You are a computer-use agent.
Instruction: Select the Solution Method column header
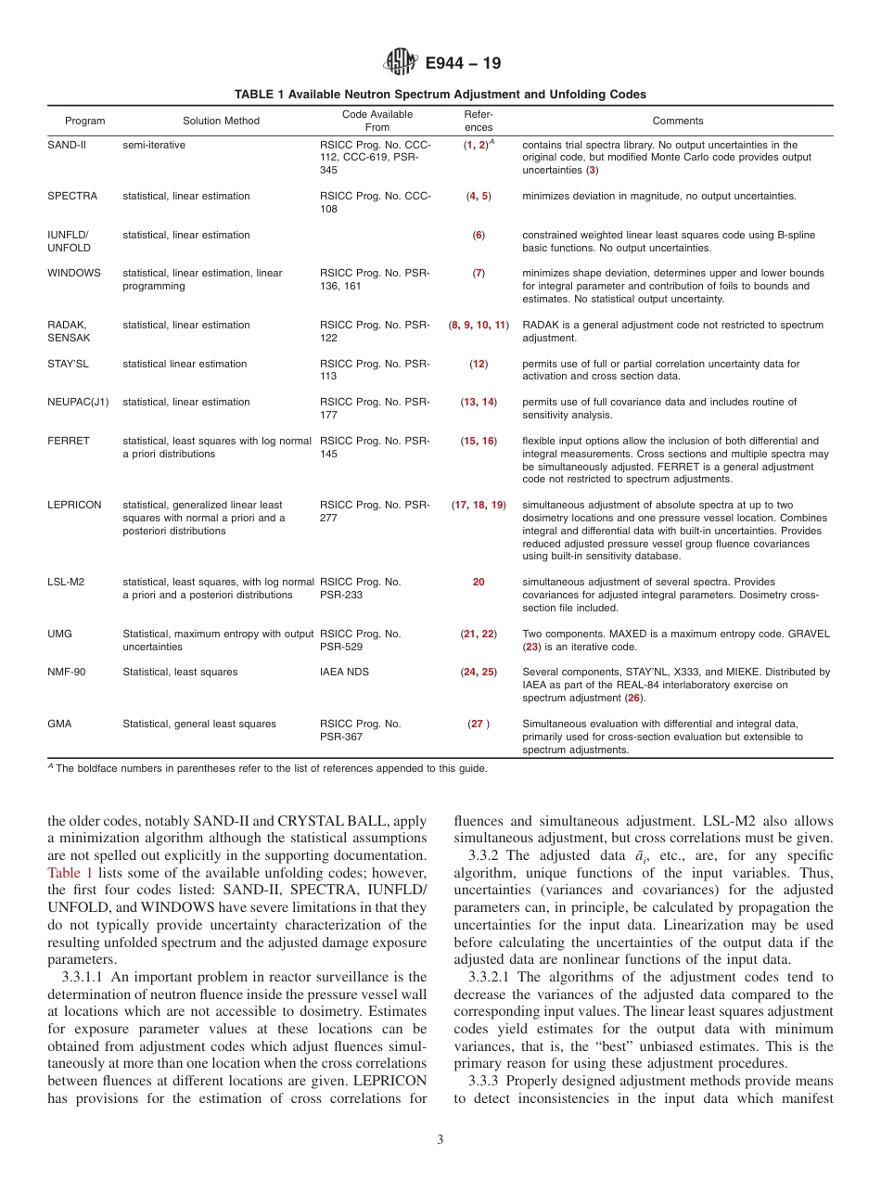pos(221,121)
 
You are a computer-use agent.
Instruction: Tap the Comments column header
pos(677,121)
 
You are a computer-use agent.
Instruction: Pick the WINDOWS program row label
pos(74,274)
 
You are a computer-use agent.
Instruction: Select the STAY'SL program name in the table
pos(68,364)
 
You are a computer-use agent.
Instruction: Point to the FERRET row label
pos(69,441)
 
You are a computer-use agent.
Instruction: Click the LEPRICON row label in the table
pos(74,505)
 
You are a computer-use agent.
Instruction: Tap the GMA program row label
pos(59,724)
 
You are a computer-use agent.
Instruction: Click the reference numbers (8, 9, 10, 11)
pos(479,325)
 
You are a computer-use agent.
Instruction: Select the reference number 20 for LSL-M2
pos(479,582)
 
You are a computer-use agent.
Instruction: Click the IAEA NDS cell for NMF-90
pos(345,672)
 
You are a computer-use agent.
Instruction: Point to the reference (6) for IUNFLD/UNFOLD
pos(479,235)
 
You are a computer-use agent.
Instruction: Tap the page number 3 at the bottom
pos(440,1140)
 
